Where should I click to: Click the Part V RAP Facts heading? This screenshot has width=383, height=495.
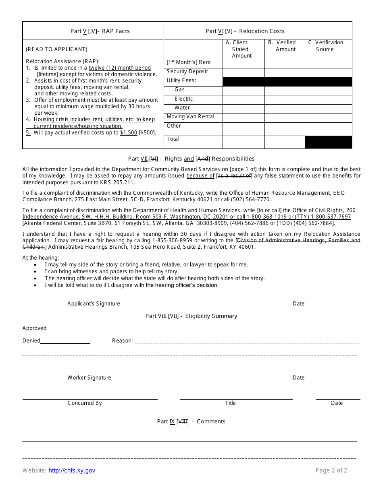[100, 31]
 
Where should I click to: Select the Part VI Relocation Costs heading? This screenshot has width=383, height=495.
[245, 31]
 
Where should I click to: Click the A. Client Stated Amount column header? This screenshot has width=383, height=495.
[242, 49]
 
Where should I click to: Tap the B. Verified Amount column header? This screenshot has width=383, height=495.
[285, 46]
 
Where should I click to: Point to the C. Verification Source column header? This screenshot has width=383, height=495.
[325, 46]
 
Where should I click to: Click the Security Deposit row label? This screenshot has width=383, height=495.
[187, 72]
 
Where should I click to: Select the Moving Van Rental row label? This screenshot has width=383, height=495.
[191, 117]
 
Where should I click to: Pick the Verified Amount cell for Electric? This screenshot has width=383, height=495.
[285, 99]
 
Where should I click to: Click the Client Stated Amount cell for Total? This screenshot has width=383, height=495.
[244, 142]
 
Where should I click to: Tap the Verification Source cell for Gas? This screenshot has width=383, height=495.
[328, 91]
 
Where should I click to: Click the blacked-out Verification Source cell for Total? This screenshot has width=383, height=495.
[328, 142]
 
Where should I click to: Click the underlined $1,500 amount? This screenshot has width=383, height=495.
[129, 133]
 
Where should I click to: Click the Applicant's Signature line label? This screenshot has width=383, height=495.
[94, 304]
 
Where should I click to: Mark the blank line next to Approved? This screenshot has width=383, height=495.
[69, 329]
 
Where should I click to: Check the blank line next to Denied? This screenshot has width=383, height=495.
[65, 341]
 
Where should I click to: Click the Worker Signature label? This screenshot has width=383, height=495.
[89, 378]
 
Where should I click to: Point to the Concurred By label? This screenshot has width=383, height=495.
[85, 403]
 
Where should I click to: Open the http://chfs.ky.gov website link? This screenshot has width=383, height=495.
[72, 470]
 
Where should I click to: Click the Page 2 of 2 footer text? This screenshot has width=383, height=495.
[331, 470]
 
